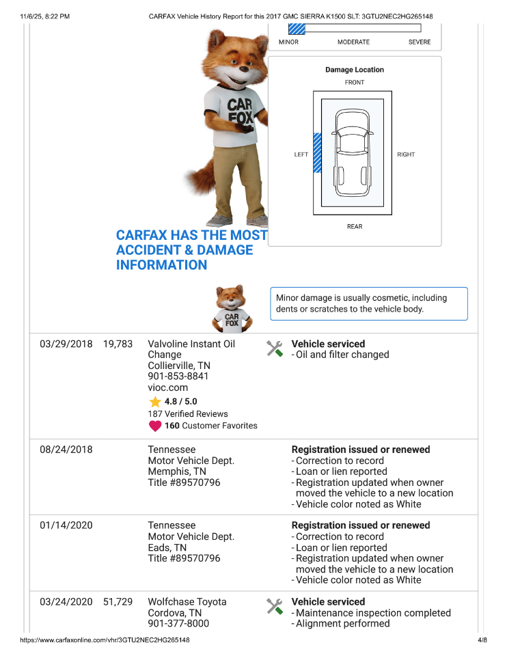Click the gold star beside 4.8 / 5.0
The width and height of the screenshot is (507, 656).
click(x=155, y=402)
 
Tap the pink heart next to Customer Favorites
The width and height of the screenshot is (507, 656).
click(x=155, y=426)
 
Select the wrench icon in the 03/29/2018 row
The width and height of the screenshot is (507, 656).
click(x=275, y=348)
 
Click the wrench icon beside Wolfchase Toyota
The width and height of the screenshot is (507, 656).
click(x=275, y=606)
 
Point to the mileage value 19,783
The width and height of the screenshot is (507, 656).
click(x=118, y=344)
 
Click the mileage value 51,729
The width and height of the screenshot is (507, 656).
click(x=118, y=602)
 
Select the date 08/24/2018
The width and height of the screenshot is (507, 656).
click(x=66, y=450)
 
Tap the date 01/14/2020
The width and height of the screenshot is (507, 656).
click(x=66, y=525)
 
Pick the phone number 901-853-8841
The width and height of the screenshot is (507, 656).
click(x=178, y=376)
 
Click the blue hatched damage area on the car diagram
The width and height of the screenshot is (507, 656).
click(x=317, y=153)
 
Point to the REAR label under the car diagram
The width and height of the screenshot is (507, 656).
click(x=355, y=227)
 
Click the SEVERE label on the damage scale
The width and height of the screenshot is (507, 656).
click(x=420, y=42)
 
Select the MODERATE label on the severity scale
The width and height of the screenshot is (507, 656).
click(x=353, y=42)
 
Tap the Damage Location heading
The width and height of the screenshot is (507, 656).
click(x=355, y=70)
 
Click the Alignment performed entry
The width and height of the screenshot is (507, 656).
click(x=342, y=623)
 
